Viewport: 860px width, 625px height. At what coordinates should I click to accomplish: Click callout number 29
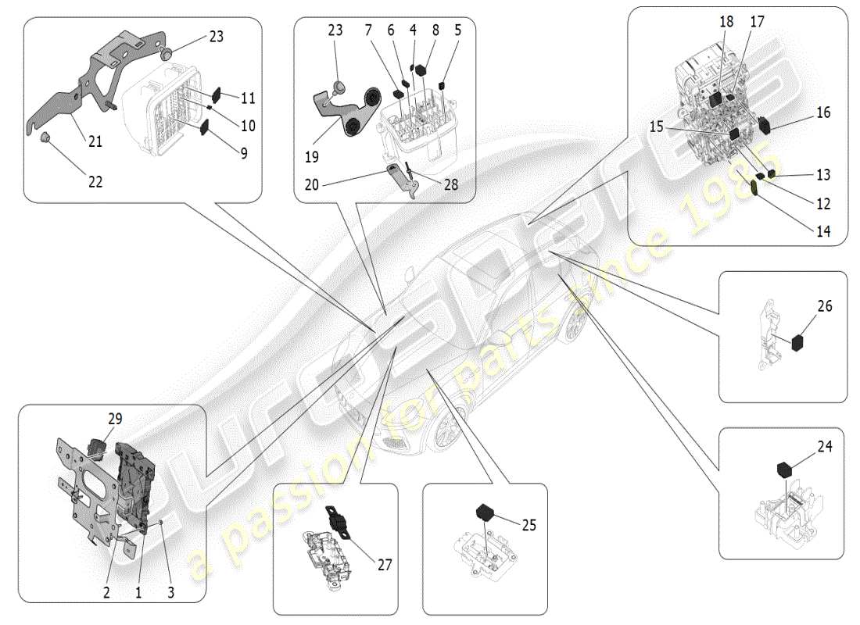coord(115,420)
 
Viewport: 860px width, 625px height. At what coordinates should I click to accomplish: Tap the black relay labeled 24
coord(784,470)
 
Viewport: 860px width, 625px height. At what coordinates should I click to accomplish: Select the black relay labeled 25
coord(487,512)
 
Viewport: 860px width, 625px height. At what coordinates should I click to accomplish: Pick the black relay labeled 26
coord(800,342)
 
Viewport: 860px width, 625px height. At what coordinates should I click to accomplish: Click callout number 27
coord(384,565)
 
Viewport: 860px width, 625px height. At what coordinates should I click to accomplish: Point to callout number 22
coord(95,182)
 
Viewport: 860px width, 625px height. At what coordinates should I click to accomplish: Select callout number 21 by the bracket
coord(95,141)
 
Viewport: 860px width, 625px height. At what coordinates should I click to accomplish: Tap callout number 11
coord(248,98)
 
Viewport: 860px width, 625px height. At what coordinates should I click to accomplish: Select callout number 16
coord(822,112)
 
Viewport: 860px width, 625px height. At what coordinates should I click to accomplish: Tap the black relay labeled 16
coord(765,123)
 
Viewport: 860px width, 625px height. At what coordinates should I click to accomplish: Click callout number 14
coord(822,231)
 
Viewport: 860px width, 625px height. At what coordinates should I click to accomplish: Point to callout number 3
coord(171,592)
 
